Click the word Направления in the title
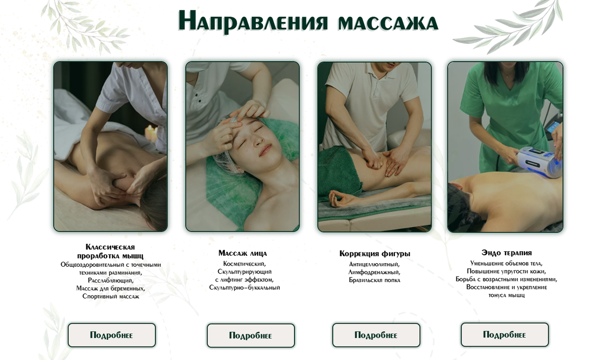pyautogui.click(x=253, y=21)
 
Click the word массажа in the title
pyautogui.click(x=388, y=23)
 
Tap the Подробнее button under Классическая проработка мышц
pyautogui.click(x=111, y=335)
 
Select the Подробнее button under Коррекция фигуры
pyautogui.click(x=376, y=335)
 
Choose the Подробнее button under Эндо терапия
pyautogui.click(x=505, y=335)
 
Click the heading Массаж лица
pyautogui.click(x=242, y=253)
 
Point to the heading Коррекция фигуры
pyautogui.click(x=374, y=254)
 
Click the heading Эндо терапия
pyautogui.click(x=506, y=253)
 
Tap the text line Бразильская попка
pyautogui.click(x=374, y=280)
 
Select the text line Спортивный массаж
pyautogui.click(x=111, y=296)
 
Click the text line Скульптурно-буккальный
pyautogui.click(x=244, y=288)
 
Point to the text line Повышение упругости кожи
pyautogui.click(x=506, y=272)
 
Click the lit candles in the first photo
pyautogui.click(x=151, y=134)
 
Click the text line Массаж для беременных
pyautogui.click(x=111, y=288)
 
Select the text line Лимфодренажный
pyautogui.click(x=374, y=272)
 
